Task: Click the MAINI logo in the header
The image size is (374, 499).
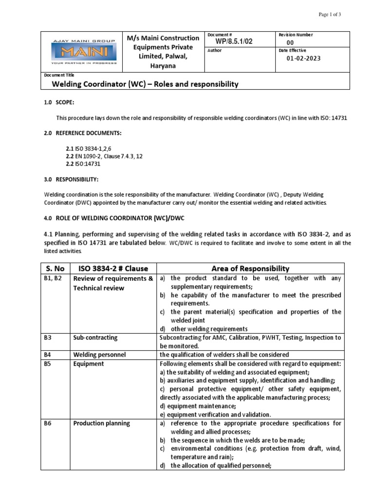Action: point(77,51)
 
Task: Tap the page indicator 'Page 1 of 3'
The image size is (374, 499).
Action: point(330,15)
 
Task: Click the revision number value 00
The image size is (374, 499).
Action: point(290,43)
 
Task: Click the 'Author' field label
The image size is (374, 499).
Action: point(215,50)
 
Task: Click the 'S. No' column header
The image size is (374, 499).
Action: point(55,269)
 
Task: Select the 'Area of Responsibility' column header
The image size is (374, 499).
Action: point(250,269)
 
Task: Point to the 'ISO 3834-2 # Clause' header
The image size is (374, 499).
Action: point(110,269)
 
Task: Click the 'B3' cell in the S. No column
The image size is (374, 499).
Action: point(48,337)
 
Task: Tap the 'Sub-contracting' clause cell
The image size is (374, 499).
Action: point(95,337)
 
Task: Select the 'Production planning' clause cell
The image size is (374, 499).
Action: point(101,423)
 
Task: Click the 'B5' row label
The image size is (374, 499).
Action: point(48,363)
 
